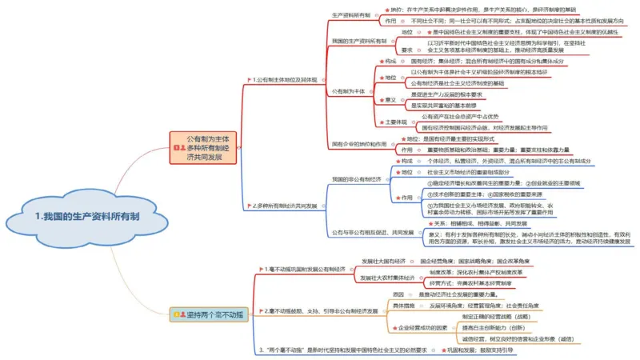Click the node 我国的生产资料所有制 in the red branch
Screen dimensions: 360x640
click(x=359, y=40)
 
